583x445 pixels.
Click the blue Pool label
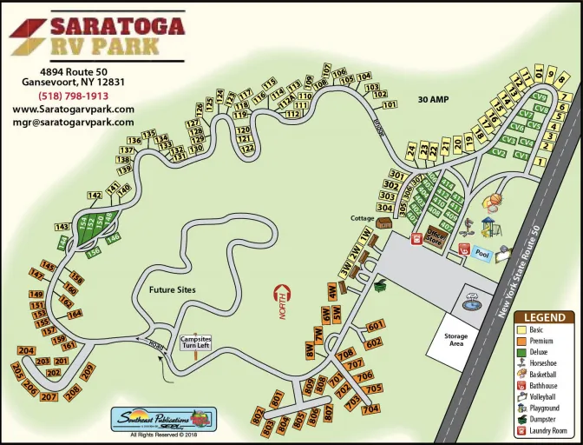pos(483,255)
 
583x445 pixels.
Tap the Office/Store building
pos(435,236)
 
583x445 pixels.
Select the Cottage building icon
pos(383,223)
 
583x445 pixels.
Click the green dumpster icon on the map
pos(379,283)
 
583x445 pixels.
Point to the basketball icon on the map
pos(494,203)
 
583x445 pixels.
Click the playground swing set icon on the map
pos(488,228)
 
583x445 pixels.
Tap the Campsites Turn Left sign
pos(196,342)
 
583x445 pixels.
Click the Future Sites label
pos(172,289)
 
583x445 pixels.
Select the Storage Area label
pos(455,340)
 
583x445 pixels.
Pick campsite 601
pos(375,326)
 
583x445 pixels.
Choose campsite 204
pos(25,351)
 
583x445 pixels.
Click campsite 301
pos(396,175)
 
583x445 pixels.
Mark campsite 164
pos(75,314)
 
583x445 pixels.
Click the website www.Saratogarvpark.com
pos(73,109)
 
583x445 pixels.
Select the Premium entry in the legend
pos(545,341)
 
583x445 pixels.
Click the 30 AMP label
pos(434,98)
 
